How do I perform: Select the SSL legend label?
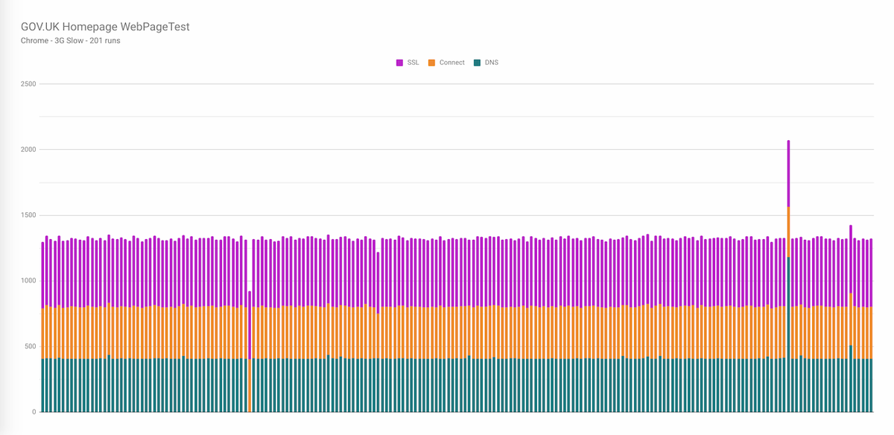click(x=413, y=63)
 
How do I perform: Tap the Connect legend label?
click(x=452, y=63)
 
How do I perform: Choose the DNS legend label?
click(x=492, y=63)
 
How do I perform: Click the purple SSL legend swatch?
click(x=400, y=63)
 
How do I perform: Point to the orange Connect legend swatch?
click(x=432, y=63)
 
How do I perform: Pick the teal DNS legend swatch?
click(x=478, y=63)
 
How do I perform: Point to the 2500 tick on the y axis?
click(x=28, y=84)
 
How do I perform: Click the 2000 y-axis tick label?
click(x=28, y=150)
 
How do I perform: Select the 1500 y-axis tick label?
click(x=28, y=215)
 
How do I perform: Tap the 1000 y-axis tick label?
click(x=28, y=281)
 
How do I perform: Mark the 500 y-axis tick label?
click(x=30, y=346)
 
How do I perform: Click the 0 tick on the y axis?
click(x=34, y=412)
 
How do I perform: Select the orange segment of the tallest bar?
click(x=788, y=232)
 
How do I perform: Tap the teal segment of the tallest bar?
click(x=788, y=335)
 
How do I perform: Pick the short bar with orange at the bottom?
click(x=250, y=358)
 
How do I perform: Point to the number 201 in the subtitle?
click(x=95, y=41)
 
